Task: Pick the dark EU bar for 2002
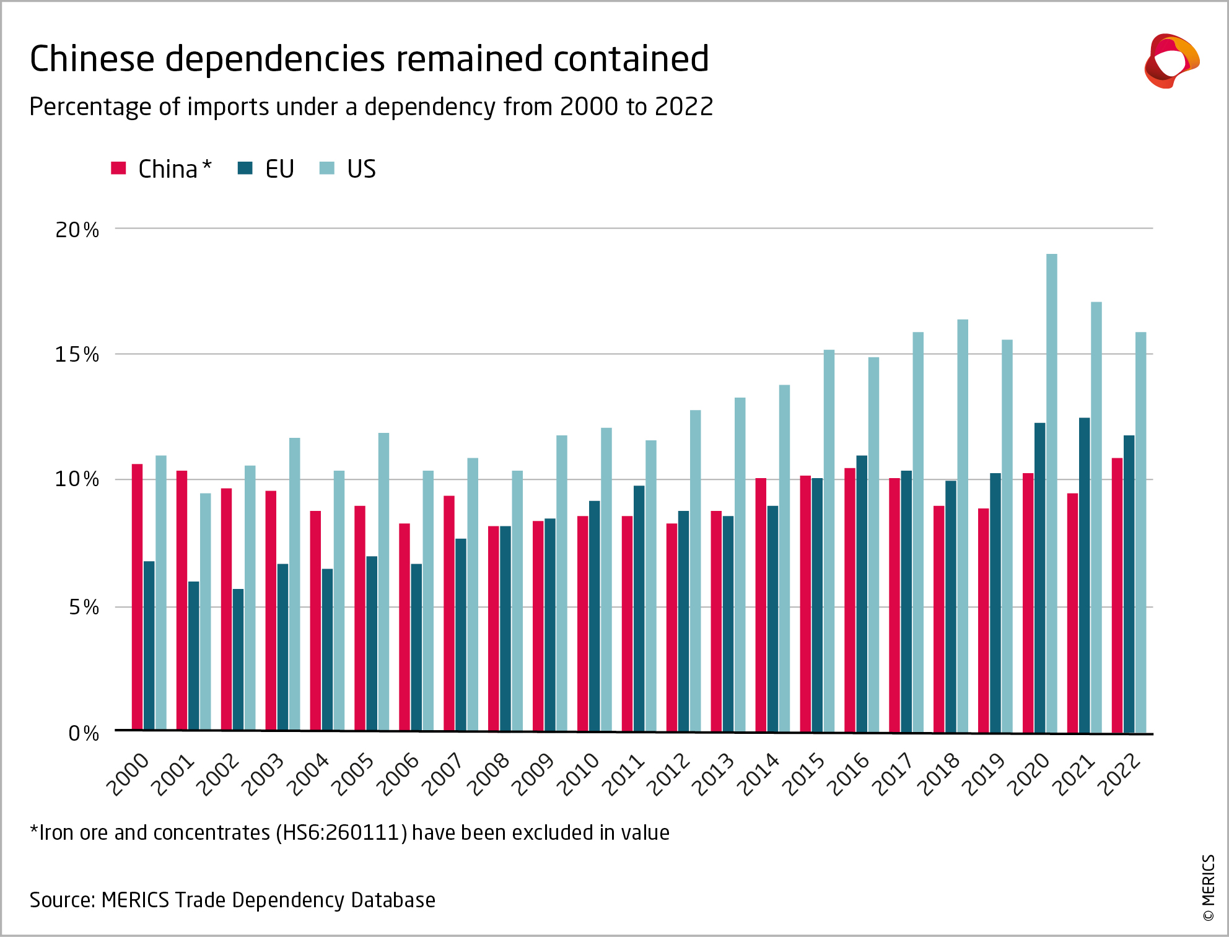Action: click(x=238, y=659)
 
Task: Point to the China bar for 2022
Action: click(x=1117, y=595)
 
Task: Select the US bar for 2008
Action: click(x=517, y=601)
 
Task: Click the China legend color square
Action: click(x=118, y=168)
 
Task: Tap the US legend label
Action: click(x=361, y=169)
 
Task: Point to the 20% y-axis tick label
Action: click(x=77, y=230)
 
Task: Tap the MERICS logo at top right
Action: click(x=1171, y=61)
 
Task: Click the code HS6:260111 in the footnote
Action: click(x=341, y=833)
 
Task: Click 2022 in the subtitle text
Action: click(x=684, y=107)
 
